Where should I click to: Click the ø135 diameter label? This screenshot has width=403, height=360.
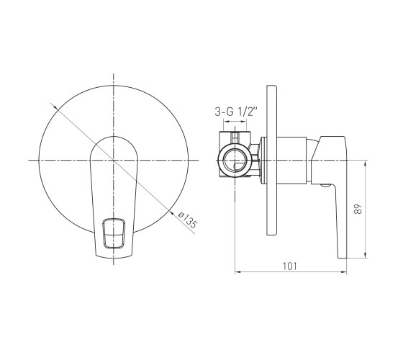pos(188,220)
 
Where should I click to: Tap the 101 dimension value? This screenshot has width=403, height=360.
pos(289,266)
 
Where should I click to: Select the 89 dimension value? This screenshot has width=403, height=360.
pos(358,209)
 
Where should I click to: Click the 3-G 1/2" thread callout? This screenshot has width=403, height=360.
pos(236,112)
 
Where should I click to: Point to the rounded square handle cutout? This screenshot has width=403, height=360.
pos(114,233)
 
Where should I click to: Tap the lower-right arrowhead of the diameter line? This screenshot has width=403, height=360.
pos(171,211)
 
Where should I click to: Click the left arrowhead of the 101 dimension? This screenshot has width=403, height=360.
pos(237,272)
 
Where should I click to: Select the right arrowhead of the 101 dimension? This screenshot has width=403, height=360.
pos(344,272)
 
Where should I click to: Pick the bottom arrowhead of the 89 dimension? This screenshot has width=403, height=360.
pos(366,255)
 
